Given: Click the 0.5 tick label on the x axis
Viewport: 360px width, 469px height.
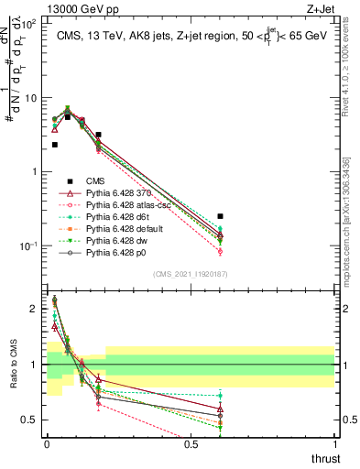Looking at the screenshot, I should (x=190, y=444).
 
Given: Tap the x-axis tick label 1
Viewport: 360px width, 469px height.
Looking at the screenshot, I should (x=334, y=444).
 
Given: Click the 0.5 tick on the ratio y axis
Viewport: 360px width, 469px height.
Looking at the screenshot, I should (x=31, y=420).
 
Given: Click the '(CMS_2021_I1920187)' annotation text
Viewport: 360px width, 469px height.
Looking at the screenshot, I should (x=190, y=273).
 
